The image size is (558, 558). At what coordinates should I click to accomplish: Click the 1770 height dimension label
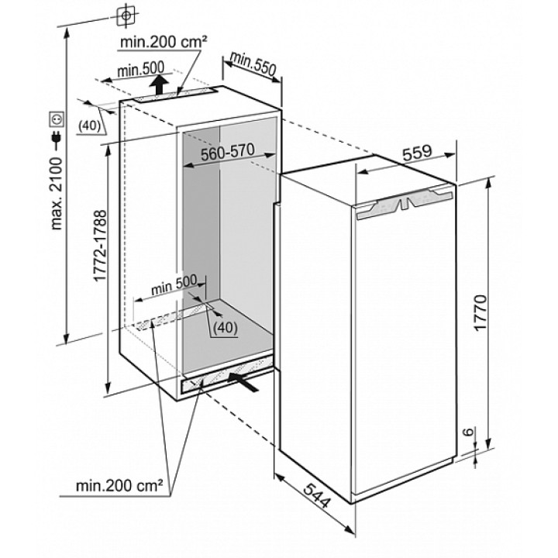(480, 313)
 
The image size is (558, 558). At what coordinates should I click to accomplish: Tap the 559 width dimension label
(417, 153)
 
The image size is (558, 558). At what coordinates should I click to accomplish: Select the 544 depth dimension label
(316, 495)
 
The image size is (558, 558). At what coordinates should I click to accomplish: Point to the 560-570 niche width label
(228, 153)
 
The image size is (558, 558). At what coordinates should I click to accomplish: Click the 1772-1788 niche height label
(99, 246)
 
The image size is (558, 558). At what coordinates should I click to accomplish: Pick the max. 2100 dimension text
(57, 194)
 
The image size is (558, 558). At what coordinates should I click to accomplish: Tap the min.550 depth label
(253, 64)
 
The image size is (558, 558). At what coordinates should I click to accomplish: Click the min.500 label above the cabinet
(141, 70)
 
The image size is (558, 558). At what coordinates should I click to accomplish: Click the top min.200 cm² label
(164, 43)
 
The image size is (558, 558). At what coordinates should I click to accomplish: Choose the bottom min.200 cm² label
(119, 485)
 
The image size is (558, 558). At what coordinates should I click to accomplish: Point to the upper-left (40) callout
(89, 126)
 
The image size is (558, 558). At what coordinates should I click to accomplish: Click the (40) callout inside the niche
(226, 327)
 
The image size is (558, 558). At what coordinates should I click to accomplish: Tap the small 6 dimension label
(470, 432)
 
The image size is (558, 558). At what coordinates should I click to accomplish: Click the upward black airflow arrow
(159, 84)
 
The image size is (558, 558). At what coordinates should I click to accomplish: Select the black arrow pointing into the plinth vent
(243, 382)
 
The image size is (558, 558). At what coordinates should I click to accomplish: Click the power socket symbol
(57, 119)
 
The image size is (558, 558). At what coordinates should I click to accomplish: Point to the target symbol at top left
(126, 15)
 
